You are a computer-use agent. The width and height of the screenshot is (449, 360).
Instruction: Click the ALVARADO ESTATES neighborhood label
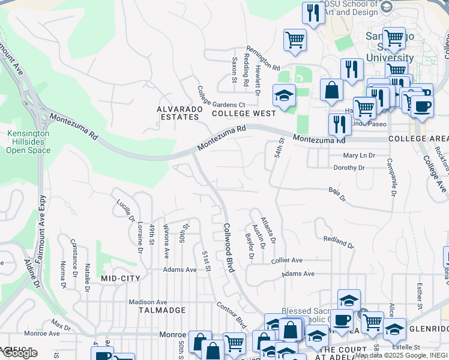coord(178,113)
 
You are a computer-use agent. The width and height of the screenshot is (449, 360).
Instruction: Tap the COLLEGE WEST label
coord(244,113)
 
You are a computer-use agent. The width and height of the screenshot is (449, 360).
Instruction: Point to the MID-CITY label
coord(120,278)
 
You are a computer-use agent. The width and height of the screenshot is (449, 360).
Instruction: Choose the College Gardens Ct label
coord(212,100)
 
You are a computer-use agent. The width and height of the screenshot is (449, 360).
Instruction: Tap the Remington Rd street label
coord(262,58)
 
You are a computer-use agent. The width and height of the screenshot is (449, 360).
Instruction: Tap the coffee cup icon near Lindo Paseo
coord(421,107)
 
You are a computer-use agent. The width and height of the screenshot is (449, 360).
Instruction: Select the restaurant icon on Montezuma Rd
coord(340,124)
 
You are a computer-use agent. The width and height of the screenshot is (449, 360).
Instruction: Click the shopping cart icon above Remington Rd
coord(294,40)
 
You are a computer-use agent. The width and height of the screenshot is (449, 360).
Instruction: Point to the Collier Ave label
coord(287,260)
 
